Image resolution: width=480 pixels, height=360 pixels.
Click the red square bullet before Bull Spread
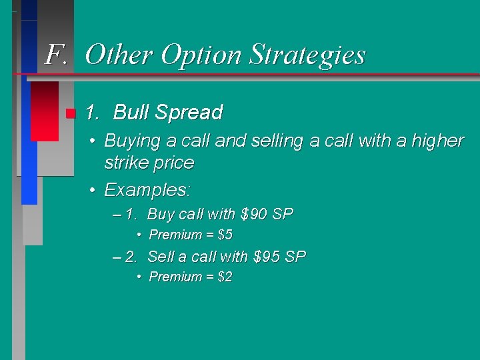70,113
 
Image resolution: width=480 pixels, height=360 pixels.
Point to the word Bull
131,113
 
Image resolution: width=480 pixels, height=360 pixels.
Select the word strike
126,163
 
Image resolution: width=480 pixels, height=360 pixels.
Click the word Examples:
147,190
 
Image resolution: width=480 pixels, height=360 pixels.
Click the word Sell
160,257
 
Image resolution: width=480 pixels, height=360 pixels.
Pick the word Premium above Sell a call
175,235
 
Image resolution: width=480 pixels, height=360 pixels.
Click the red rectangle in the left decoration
45,111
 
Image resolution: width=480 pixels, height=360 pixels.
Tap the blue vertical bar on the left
29,140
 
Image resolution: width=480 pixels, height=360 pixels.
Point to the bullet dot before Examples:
94,191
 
